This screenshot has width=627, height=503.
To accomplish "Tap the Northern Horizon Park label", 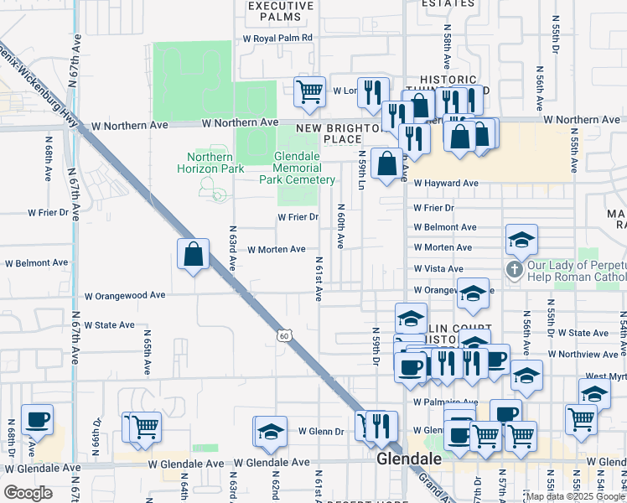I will click(210, 163).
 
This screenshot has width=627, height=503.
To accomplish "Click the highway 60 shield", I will click(285, 336).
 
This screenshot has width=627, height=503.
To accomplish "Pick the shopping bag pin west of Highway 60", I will click(193, 253).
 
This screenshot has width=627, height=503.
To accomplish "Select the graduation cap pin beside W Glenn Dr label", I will click(272, 431).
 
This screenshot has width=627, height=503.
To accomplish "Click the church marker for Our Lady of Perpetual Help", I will click(513, 270).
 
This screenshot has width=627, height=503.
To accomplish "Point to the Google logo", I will click(28, 493).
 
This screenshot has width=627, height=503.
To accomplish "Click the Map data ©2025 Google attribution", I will click(575, 496).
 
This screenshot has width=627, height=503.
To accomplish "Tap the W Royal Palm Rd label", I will click(277, 38).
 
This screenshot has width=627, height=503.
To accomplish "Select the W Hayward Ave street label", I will click(445, 184).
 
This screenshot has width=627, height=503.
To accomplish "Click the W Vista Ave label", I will click(438, 269).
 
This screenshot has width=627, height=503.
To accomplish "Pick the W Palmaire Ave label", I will click(444, 402).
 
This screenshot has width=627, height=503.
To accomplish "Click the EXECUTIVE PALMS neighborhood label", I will click(281, 11).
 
